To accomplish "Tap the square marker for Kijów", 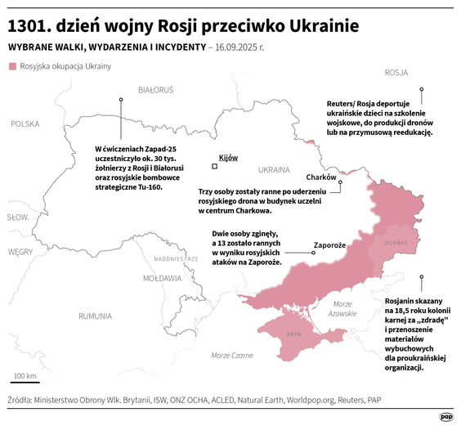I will coord(215,166).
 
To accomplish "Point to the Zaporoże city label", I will coord(332,244).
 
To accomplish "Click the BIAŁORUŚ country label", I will coord(156,87).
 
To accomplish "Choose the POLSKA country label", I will coord(25,123).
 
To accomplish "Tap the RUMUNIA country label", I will coord(95,316).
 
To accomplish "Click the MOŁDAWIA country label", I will coord(162,278).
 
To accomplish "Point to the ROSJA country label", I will coord(396,72).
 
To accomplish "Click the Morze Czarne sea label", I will coord(231,355).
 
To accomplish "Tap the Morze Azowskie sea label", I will coord(341,308).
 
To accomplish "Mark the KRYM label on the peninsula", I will coord(294,335).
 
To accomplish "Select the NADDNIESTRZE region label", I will coord(176,258).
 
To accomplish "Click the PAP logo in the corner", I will coord(446,415).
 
